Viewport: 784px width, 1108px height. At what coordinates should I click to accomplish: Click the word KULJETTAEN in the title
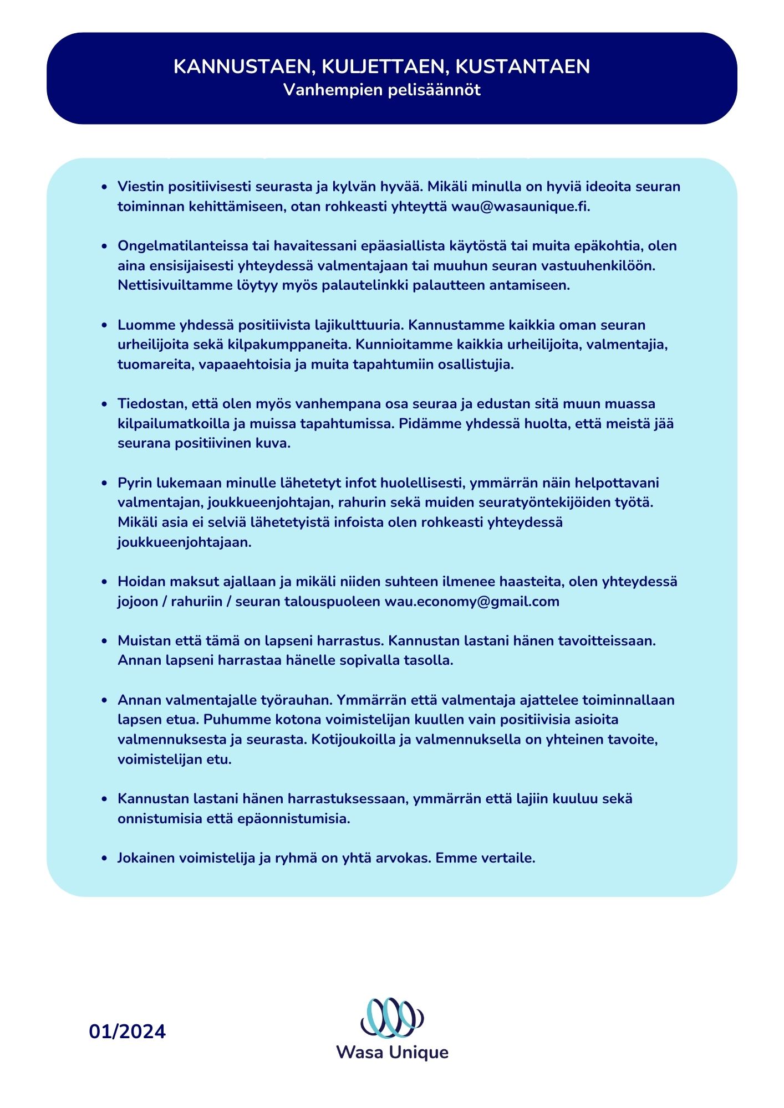[385, 66]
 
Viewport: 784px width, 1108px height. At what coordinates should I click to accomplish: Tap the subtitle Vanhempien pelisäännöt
[381, 90]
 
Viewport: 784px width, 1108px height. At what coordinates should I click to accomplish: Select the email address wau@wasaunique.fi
[520, 207]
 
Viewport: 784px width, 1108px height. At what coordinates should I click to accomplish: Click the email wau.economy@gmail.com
[472, 602]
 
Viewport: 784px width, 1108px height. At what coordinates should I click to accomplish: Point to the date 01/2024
[127, 1032]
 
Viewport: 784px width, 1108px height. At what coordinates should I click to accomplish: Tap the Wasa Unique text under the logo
[392, 1053]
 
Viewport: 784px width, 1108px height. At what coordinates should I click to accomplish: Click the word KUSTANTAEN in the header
[522, 66]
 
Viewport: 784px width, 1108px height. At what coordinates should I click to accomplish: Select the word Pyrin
[134, 483]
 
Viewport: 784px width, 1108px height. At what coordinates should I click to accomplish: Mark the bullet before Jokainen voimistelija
[104, 859]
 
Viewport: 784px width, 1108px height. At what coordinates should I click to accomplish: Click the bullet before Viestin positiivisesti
[104, 187]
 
